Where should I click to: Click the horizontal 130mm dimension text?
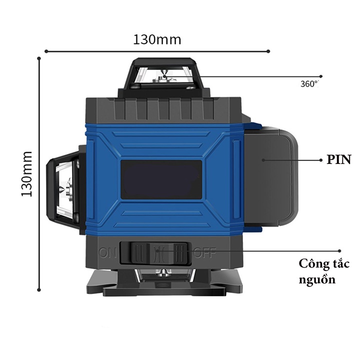(x=157, y=39)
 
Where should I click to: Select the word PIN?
(x=339, y=160)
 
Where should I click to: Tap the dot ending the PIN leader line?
(x=321, y=160)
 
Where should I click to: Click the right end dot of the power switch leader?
(x=340, y=251)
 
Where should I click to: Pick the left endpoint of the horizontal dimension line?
(x=46, y=51)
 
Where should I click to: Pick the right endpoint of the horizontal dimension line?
(x=268, y=51)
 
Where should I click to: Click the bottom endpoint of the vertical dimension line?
(x=39, y=288)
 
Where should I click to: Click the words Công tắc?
(x=324, y=263)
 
